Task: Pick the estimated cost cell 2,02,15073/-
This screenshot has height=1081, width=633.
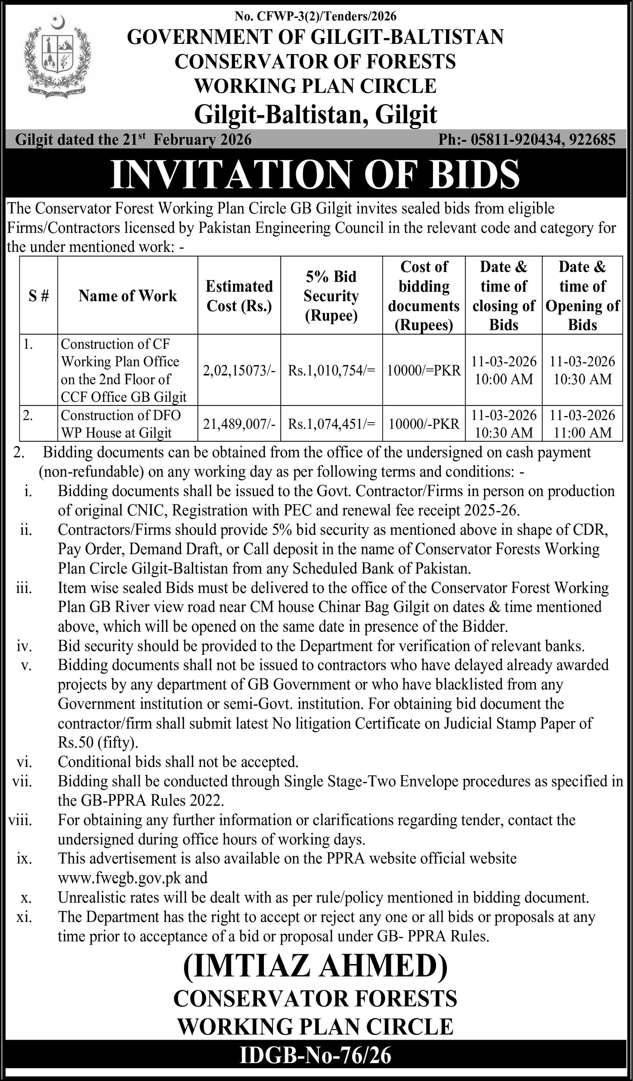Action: point(239,370)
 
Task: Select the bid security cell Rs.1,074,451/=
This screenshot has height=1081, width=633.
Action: point(331,424)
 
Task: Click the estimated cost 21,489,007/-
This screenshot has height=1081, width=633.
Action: point(239,424)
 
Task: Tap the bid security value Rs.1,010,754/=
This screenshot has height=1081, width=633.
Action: point(331,370)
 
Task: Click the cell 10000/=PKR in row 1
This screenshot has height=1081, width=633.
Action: point(424,370)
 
